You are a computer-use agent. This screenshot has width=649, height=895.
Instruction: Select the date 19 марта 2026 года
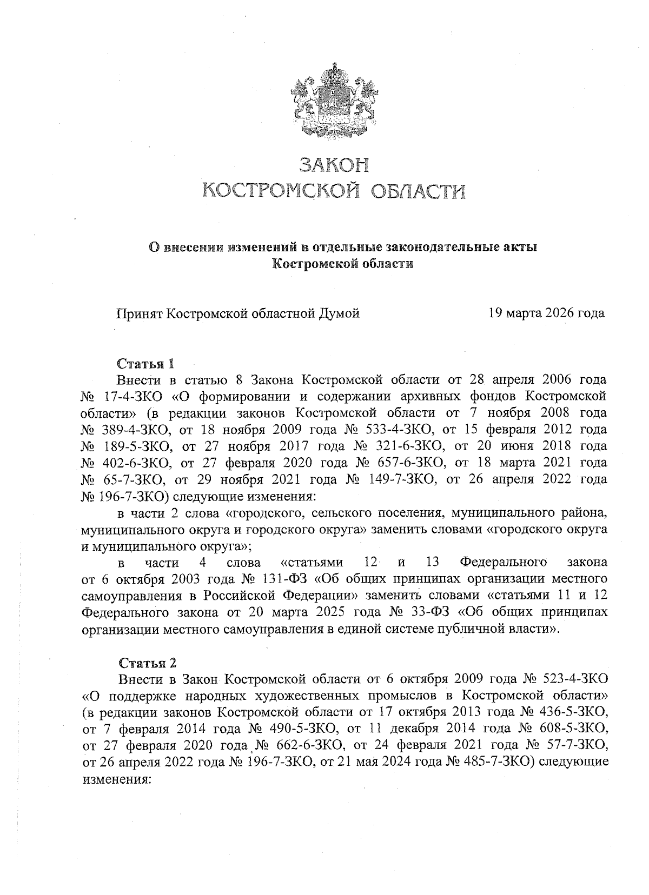point(546,313)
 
